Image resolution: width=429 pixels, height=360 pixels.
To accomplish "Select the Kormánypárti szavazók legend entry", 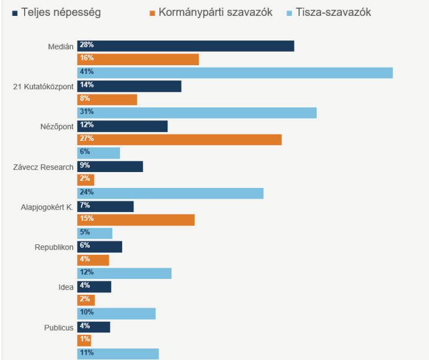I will click(x=215, y=12).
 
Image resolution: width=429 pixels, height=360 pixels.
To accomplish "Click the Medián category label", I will click(x=61, y=46).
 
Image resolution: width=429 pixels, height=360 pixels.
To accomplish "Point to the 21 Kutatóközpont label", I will click(x=43, y=86).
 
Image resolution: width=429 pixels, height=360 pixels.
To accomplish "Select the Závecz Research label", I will click(x=43, y=167).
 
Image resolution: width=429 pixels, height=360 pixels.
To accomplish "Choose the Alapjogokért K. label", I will click(x=47, y=207).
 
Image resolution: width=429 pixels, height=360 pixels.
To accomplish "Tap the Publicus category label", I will click(x=59, y=327).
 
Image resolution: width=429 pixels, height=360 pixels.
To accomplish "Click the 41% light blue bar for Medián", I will click(x=235, y=73).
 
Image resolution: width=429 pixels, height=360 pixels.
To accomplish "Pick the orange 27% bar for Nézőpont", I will click(x=179, y=140).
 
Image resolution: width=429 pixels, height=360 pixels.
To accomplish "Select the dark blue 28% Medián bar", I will click(x=186, y=46).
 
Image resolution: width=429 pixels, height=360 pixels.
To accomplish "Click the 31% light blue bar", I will click(x=197, y=113).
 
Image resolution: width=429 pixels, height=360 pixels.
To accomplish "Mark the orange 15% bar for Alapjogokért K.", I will click(x=136, y=220).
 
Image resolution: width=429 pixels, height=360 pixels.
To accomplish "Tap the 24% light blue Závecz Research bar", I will click(x=170, y=193).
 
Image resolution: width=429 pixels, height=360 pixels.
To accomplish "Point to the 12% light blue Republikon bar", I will click(x=125, y=273).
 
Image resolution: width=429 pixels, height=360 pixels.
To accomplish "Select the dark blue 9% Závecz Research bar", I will click(x=110, y=166).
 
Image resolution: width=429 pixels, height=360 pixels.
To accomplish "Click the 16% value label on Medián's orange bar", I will click(x=87, y=59).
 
